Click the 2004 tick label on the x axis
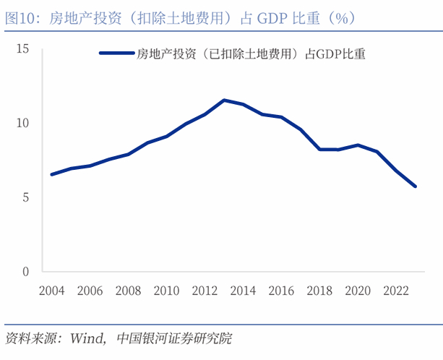[x=52, y=291]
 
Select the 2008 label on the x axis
[x=129, y=291]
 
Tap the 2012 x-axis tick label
[x=205, y=291]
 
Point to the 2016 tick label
[x=282, y=291]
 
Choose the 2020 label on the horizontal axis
[x=358, y=291]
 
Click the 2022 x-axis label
[x=396, y=291]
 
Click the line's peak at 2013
[x=224, y=100]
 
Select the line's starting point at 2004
[x=52, y=174]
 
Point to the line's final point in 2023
[x=415, y=187]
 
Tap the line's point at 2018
[x=319, y=149]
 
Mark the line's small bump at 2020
[x=358, y=145]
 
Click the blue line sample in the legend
[x=116, y=53]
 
